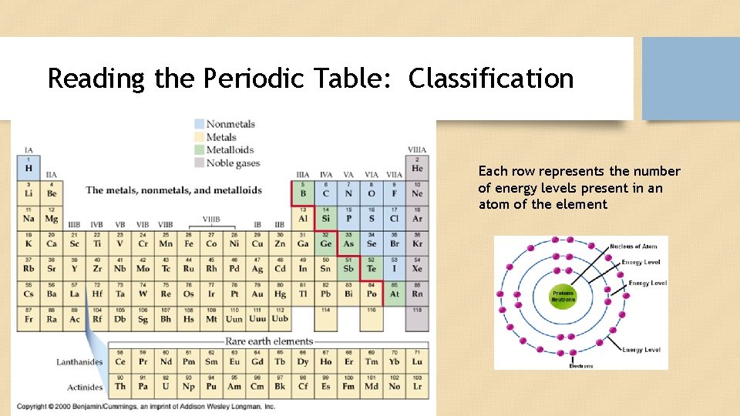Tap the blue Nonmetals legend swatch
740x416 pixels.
pyautogui.click(x=199, y=123)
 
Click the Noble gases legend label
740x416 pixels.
pyautogui.click(x=233, y=163)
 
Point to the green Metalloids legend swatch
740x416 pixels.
pyautogui.click(x=199, y=150)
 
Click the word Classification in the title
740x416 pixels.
pyautogui.click(x=491, y=79)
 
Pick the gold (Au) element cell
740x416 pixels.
pyautogui.click(x=257, y=291)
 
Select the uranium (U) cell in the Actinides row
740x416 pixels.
pyautogui.click(x=166, y=385)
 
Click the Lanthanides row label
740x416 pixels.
pyautogui.click(x=79, y=361)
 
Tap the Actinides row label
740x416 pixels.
pyautogui.click(x=84, y=387)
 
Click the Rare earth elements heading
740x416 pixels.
pyautogui.click(x=269, y=341)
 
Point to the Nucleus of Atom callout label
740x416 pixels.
pyautogui.click(x=633, y=247)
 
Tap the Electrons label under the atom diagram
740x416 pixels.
pyautogui.click(x=581, y=366)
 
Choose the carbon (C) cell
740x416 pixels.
pyautogui.click(x=326, y=191)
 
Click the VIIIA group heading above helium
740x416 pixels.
pyautogui.click(x=417, y=149)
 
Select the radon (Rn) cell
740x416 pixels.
pyautogui.click(x=417, y=291)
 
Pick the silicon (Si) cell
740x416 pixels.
pyautogui.click(x=326, y=216)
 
